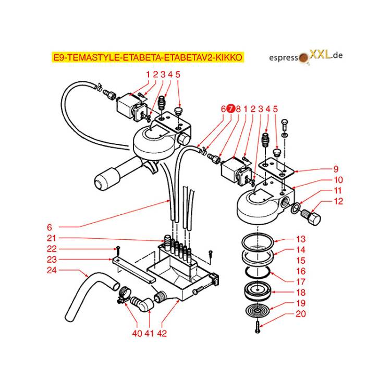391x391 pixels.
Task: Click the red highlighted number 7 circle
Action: coord(231,108)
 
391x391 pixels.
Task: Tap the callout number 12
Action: coord(338,201)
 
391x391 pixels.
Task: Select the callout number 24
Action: coord(52,270)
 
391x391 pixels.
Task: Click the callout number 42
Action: coord(162,333)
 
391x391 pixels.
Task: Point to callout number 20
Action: coord(301,314)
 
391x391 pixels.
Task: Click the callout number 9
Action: coord(336,169)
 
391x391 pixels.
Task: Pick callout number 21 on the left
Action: coord(52,238)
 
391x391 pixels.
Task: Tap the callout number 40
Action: coord(137,333)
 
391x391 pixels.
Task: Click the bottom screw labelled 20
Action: coord(258,327)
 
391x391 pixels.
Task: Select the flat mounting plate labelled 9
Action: coord(276,168)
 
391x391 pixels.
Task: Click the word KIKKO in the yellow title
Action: coord(228,57)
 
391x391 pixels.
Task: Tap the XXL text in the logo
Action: coord(320,54)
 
